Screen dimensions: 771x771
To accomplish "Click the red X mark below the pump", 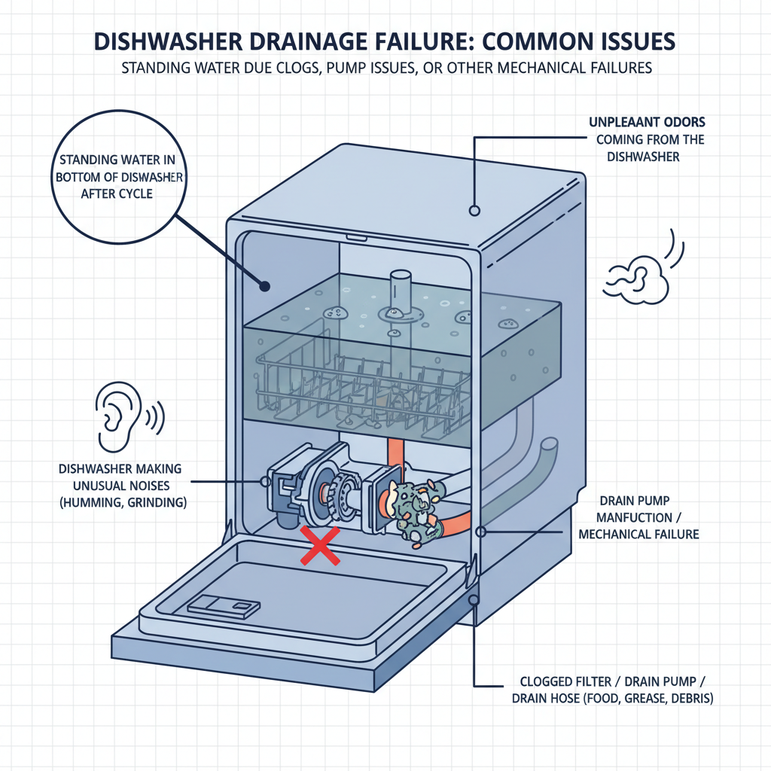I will click(318, 547).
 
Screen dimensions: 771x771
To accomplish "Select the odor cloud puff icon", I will click(638, 277).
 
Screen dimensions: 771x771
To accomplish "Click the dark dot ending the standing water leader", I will click(264, 285).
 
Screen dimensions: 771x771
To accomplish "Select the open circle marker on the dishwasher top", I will click(474, 210).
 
